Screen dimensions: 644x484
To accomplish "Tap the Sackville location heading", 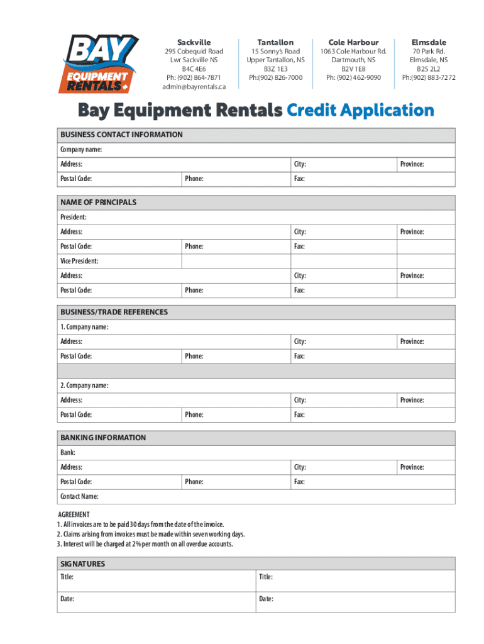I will pyautogui.click(x=194, y=42).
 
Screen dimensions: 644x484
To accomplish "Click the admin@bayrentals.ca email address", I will pyautogui.click(x=194, y=87).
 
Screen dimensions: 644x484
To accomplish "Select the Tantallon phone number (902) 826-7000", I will pyautogui.click(x=275, y=78).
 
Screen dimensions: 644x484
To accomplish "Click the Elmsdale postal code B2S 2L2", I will pyautogui.click(x=429, y=69).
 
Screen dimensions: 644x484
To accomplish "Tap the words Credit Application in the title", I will pyautogui.click(x=360, y=111).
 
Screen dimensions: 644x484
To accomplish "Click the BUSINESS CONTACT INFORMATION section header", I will pyautogui.click(x=121, y=135).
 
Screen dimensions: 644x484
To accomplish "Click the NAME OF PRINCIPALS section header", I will pyautogui.click(x=98, y=203).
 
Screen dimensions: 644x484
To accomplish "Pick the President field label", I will pyautogui.click(x=74, y=217).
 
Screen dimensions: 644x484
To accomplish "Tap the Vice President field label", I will pyautogui.click(x=79, y=261).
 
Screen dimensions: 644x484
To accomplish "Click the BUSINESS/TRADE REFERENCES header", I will pyautogui.click(x=114, y=312).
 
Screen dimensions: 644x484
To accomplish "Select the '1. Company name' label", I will pyautogui.click(x=84, y=327).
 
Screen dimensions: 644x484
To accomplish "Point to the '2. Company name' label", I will pyautogui.click(x=84, y=386).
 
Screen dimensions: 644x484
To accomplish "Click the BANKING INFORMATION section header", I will pyautogui.click(x=102, y=438).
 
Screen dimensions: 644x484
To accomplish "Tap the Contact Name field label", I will pyautogui.click(x=79, y=497).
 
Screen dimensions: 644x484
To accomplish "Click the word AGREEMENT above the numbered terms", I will pyautogui.click(x=74, y=514).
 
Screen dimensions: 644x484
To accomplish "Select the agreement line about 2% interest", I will pyautogui.click(x=145, y=544).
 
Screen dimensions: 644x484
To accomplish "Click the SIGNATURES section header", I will pyautogui.click(x=82, y=564).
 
